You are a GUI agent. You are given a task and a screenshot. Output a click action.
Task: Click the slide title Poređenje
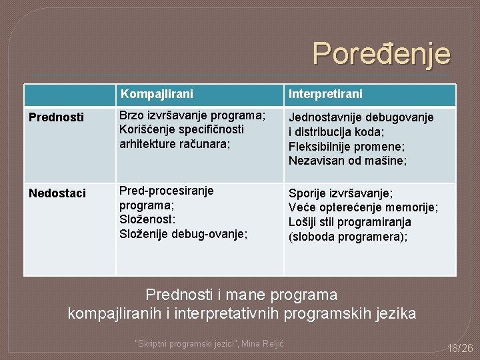tap(381, 54)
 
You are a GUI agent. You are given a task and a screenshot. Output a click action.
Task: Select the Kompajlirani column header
tap(157, 94)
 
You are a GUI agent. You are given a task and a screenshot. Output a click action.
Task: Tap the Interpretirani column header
tap(325, 94)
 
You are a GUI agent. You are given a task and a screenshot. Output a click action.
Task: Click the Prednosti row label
tap(56, 117)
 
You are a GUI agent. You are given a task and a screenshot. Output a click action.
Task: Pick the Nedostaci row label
tap(57, 193)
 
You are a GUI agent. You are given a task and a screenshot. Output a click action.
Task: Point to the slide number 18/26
tap(459, 347)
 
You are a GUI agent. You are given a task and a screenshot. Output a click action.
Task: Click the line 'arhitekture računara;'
tap(175, 143)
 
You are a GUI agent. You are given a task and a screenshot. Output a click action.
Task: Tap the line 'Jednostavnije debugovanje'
tap(361, 117)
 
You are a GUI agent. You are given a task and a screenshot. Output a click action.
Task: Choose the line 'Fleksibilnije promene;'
tap(347, 146)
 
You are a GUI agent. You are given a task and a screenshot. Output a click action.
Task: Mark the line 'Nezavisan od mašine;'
tap(347, 161)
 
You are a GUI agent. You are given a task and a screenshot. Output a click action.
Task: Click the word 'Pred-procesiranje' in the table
tap(167, 191)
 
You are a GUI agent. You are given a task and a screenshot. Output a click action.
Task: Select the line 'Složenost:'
tap(147, 219)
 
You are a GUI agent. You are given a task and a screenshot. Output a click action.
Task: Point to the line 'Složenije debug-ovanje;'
tap(183, 234)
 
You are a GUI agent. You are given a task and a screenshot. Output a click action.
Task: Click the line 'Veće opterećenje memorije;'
tap(363, 208)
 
